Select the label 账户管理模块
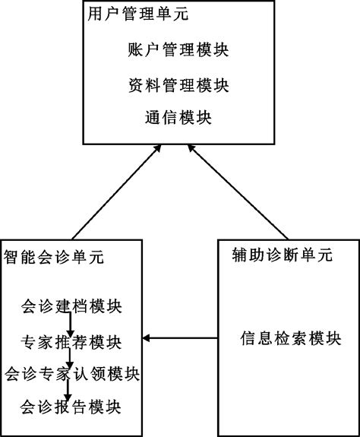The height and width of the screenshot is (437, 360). coord(178,51)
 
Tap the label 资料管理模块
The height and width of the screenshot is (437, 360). coord(178,84)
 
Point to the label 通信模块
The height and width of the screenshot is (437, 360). coord(178,118)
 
